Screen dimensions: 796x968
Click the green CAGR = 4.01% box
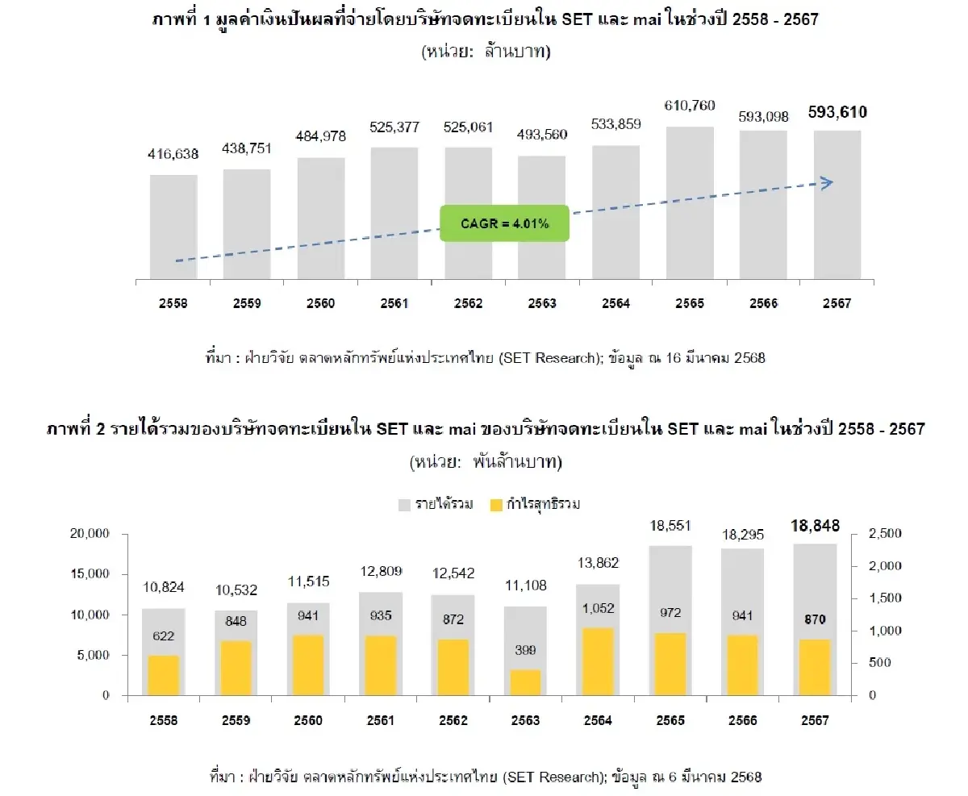[x=505, y=223]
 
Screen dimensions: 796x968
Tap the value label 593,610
[x=837, y=113]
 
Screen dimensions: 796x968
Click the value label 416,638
[x=173, y=154]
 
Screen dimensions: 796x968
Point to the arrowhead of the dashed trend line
[x=827, y=183]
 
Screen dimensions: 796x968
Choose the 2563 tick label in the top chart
[x=542, y=304]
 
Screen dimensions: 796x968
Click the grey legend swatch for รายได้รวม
[x=404, y=505]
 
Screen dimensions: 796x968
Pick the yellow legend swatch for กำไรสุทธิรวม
[x=494, y=505]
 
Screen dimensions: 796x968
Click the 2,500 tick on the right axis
[x=885, y=534]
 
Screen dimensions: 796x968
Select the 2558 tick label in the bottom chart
[x=164, y=721]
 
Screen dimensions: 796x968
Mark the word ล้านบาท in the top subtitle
[x=517, y=52]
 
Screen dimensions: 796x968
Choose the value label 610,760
[x=690, y=106]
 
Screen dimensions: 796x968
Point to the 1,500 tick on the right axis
[x=885, y=598]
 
